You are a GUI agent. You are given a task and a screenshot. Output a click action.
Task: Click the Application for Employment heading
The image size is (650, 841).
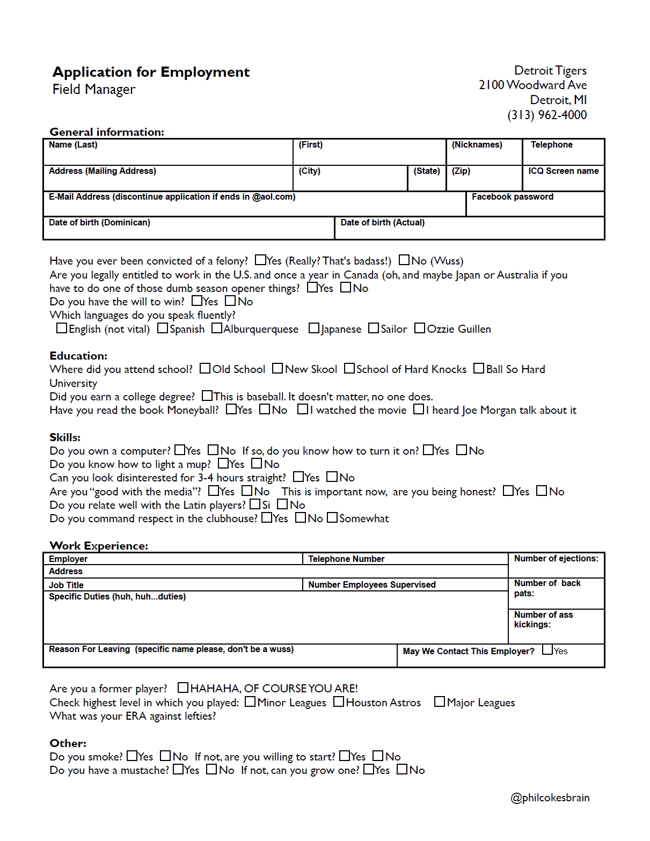[151, 72]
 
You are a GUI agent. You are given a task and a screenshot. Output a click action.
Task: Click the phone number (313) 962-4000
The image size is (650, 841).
[547, 115]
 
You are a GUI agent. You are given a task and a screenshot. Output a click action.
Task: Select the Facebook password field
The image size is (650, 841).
[535, 204]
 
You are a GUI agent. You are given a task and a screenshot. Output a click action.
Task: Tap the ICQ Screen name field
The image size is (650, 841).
[563, 178]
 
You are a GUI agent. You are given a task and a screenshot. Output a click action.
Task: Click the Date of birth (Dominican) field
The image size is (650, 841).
[188, 228]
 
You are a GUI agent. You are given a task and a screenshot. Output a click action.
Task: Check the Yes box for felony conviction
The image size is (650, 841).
[260, 260]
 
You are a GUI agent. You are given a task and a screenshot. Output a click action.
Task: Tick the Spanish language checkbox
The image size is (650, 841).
[163, 328]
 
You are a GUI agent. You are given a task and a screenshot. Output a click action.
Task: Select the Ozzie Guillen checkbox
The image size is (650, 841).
[420, 328]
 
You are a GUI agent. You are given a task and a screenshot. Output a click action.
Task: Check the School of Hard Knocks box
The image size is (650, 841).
[349, 369]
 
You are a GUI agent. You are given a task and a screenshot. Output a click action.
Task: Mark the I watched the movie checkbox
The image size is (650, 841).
[303, 409]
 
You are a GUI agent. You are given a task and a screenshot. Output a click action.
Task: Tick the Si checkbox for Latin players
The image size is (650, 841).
[255, 504]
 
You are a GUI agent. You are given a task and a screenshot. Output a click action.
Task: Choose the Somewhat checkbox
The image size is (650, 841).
[332, 518]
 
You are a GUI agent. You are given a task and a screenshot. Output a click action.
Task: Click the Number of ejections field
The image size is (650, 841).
[556, 565]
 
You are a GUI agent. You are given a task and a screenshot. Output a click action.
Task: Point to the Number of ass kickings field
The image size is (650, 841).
[556, 626]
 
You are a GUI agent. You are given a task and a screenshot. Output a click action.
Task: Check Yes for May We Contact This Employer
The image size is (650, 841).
[547, 650]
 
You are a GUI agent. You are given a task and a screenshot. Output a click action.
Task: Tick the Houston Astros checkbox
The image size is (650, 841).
[339, 702]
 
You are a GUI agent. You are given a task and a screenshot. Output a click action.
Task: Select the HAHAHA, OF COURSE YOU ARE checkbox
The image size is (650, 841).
[183, 688]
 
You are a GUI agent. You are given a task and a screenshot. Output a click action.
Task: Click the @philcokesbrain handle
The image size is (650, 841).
[550, 798]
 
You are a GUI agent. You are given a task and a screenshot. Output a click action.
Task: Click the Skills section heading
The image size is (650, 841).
[65, 437]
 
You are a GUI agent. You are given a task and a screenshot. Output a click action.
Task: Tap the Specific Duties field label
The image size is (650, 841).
[117, 597]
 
